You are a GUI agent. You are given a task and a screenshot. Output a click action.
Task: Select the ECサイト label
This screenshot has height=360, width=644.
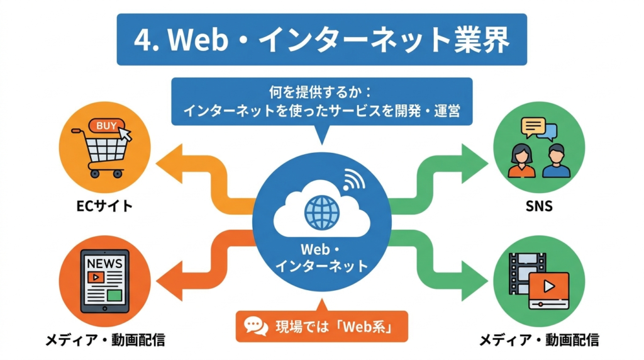pyautogui.click(x=105, y=205)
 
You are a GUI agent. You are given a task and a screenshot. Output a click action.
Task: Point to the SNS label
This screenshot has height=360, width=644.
pyautogui.click(x=539, y=205)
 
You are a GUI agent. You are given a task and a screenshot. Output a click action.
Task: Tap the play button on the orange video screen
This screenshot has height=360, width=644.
pyautogui.click(x=549, y=287)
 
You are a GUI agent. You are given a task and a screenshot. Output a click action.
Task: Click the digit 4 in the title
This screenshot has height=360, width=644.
pyautogui.click(x=143, y=40)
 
